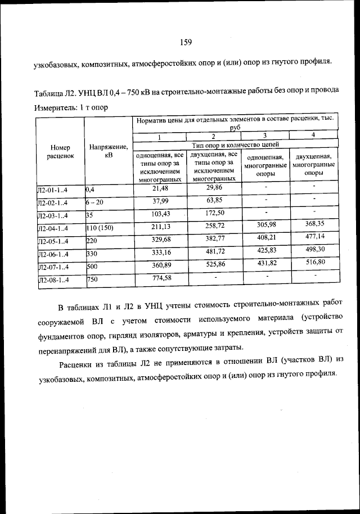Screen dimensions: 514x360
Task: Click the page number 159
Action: pyautogui.click(x=186, y=42)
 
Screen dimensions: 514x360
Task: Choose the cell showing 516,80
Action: pyautogui.click(x=313, y=261)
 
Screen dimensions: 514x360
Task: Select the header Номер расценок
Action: pyautogui.click(x=60, y=152)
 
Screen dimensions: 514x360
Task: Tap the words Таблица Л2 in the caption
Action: pyautogui.click(x=55, y=91)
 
